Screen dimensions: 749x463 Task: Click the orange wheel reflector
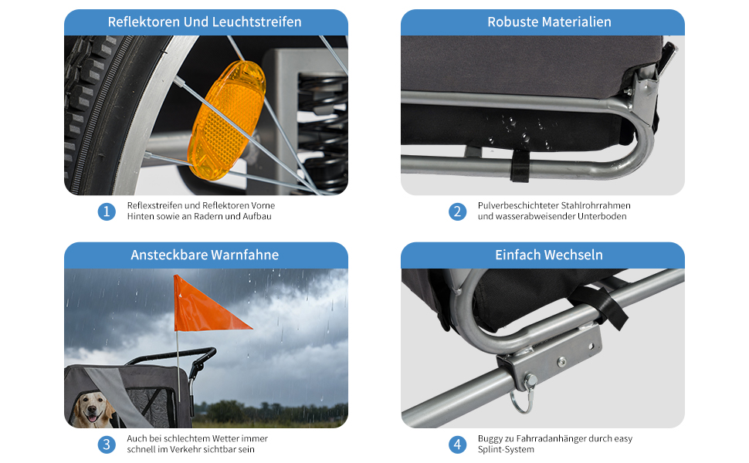[x=227, y=120]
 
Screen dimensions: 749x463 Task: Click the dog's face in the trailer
[x=93, y=409]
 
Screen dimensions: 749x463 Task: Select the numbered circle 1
[x=107, y=211]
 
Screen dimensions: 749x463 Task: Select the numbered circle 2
[x=457, y=211]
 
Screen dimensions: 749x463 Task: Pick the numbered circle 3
[x=107, y=444]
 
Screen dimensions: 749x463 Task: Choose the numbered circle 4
[x=457, y=444]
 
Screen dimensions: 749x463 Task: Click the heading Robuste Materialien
[x=549, y=22]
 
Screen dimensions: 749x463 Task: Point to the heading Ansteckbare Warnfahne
[x=205, y=255]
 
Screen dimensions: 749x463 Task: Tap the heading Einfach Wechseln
[x=549, y=255]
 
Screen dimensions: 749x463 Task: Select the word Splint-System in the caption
[x=506, y=450]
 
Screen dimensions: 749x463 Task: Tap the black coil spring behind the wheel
[x=323, y=129]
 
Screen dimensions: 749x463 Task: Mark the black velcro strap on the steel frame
[x=520, y=166]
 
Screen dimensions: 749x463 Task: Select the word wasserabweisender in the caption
[x=534, y=216]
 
